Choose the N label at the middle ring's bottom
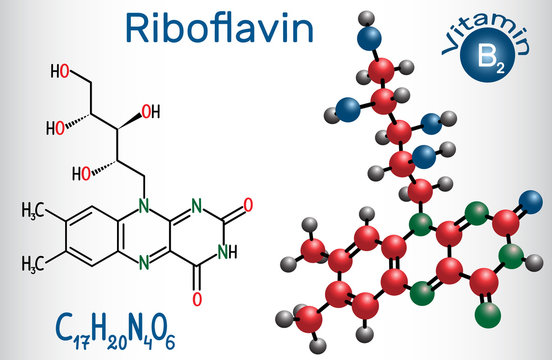coord(145,265)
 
